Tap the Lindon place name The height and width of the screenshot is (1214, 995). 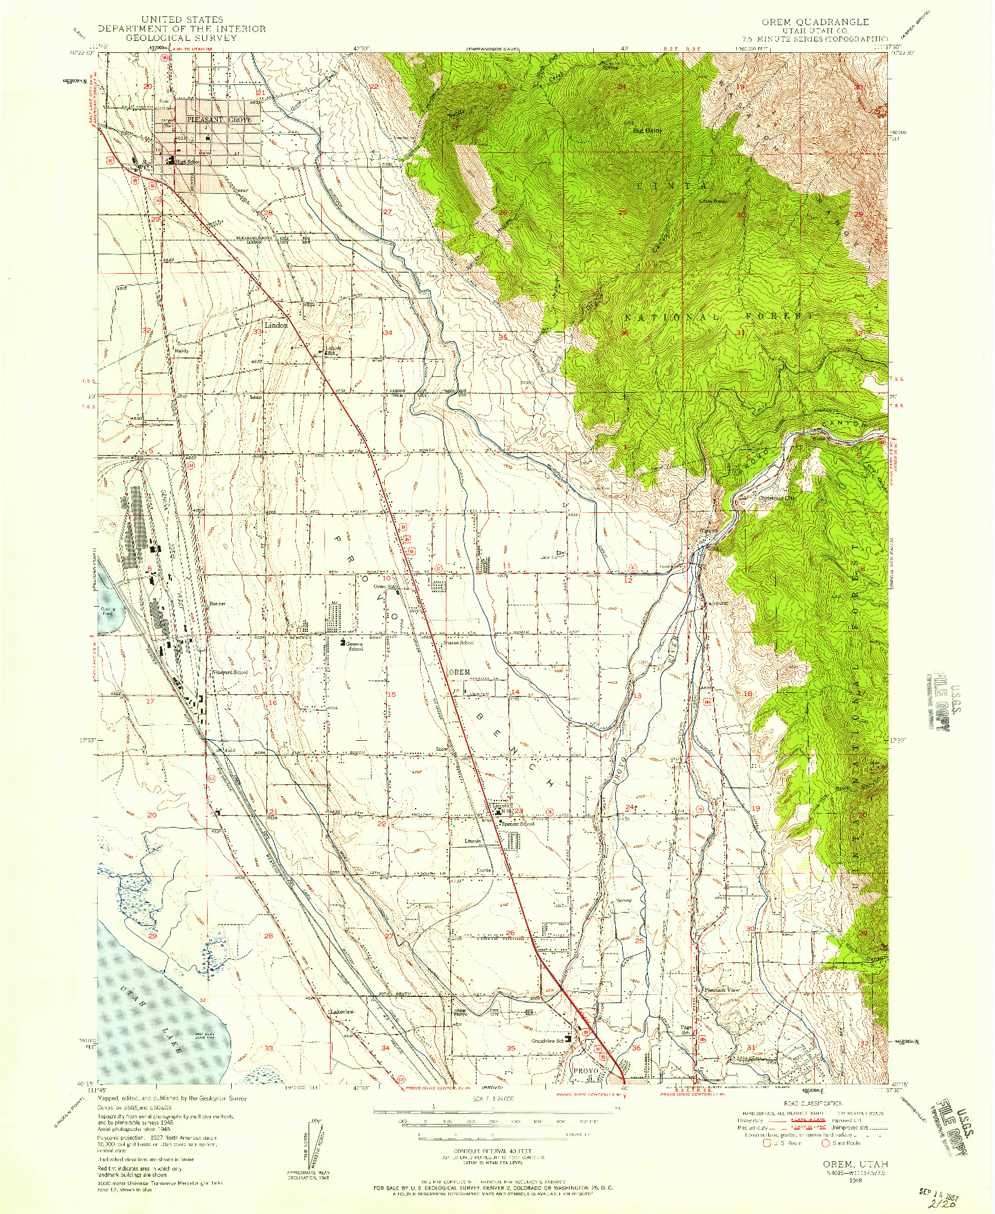(x=276, y=325)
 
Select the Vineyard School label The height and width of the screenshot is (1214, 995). (x=229, y=672)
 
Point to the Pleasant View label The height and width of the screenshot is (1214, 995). (x=722, y=989)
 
